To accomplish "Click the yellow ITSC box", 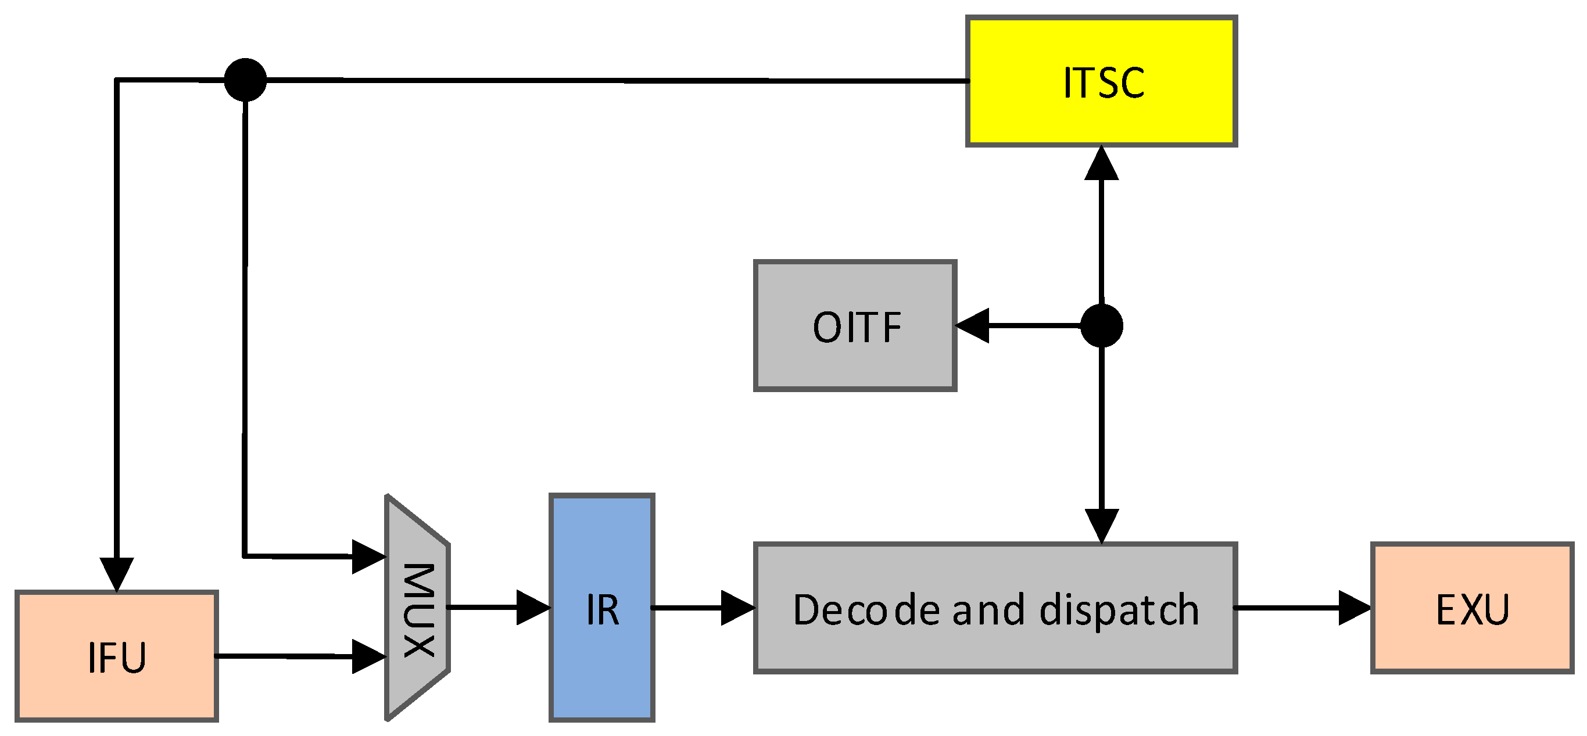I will click(1101, 81).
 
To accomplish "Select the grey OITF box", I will click(855, 326).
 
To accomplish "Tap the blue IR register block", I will click(601, 608).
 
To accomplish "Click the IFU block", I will click(116, 656).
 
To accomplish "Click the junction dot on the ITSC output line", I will click(245, 80).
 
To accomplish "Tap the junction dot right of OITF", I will click(1102, 326).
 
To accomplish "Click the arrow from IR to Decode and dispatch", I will click(703, 608).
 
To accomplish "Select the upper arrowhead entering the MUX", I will click(368, 556).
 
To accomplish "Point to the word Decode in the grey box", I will click(866, 610).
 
